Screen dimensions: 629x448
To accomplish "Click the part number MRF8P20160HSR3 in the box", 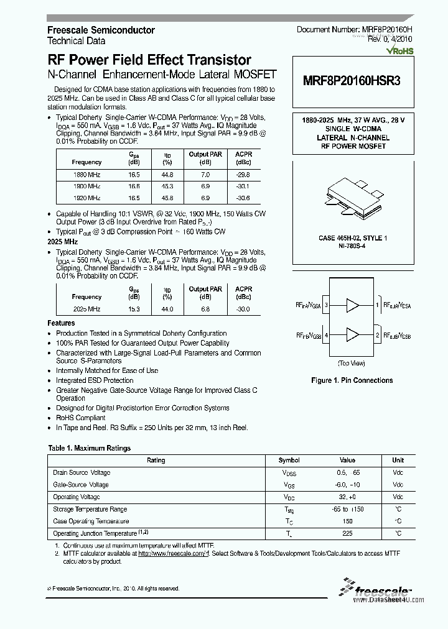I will (x=352, y=81).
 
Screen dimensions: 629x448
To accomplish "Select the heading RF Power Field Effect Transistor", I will (x=149, y=60).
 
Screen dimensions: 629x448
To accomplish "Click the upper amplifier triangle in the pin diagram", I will (x=353, y=305).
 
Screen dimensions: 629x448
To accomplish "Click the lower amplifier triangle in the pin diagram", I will (x=353, y=336).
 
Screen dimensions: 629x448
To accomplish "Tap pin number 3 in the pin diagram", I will (x=326, y=305).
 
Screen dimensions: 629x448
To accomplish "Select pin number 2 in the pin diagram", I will (x=377, y=336).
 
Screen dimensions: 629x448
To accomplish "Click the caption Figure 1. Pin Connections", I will (x=352, y=380).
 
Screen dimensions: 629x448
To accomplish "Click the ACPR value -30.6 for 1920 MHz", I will (x=244, y=198).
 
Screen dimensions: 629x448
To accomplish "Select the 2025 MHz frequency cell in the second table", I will (x=86, y=309).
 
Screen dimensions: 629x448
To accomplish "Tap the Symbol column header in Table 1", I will (x=289, y=461).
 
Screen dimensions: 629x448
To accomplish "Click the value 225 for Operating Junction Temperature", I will (x=347, y=533).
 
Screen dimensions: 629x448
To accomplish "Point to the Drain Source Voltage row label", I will (x=82, y=473).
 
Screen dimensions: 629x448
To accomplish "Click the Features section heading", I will (x=62, y=323).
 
